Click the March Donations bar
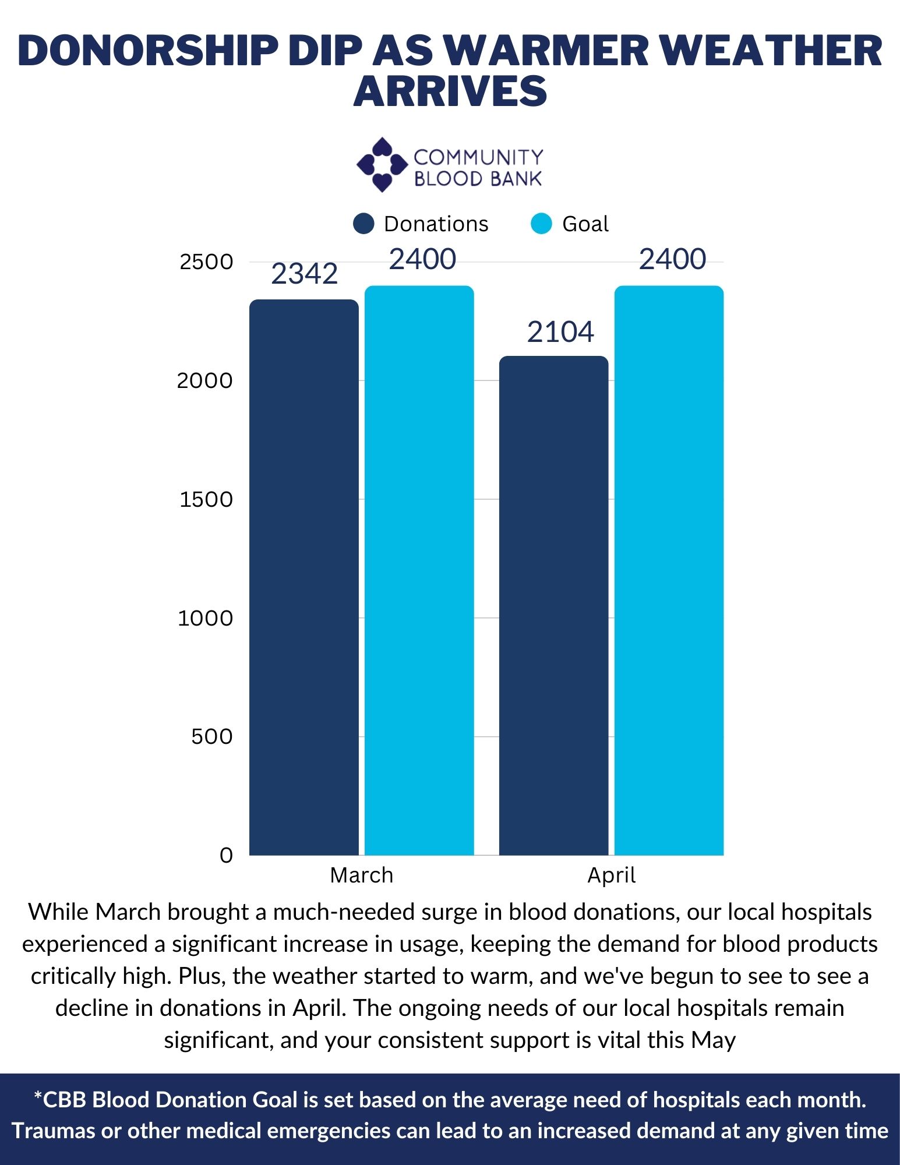pos(304,577)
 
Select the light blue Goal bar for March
pos(419,571)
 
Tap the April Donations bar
pos(553,606)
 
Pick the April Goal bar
pos(669,571)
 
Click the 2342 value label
pos(304,274)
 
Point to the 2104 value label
pos(560,332)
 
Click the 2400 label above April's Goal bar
pos(672,259)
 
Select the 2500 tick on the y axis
pos(206,262)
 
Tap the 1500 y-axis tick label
pos(206,499)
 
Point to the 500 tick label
pos(212,736)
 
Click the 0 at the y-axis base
pos(226,855)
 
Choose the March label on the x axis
pos(362,875)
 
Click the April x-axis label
pos(611,875)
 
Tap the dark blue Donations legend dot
pos(363,224)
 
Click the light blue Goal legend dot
pos(541,224)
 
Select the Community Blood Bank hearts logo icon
pos(382,165)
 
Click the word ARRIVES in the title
pos(450,91)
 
